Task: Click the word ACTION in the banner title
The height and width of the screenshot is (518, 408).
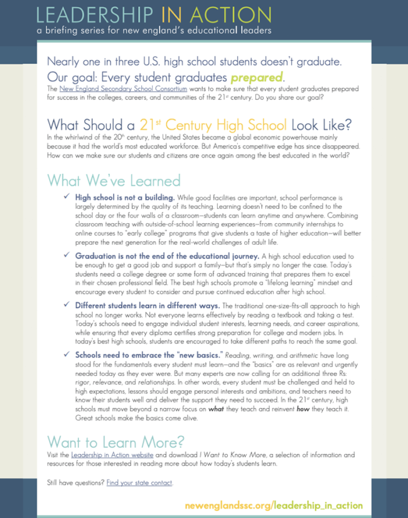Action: (x=234, y=14)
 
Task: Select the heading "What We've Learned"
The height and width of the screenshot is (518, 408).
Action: (x=114, y=181)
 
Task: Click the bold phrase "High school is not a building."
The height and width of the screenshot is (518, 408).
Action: (x=128, y=197)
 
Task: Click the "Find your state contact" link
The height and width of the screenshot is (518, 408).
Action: (x=139, y=483)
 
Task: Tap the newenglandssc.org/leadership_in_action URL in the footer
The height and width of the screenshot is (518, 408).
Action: (x=274, y=505)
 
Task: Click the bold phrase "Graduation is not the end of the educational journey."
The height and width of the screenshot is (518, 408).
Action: (x=167, y=256)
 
